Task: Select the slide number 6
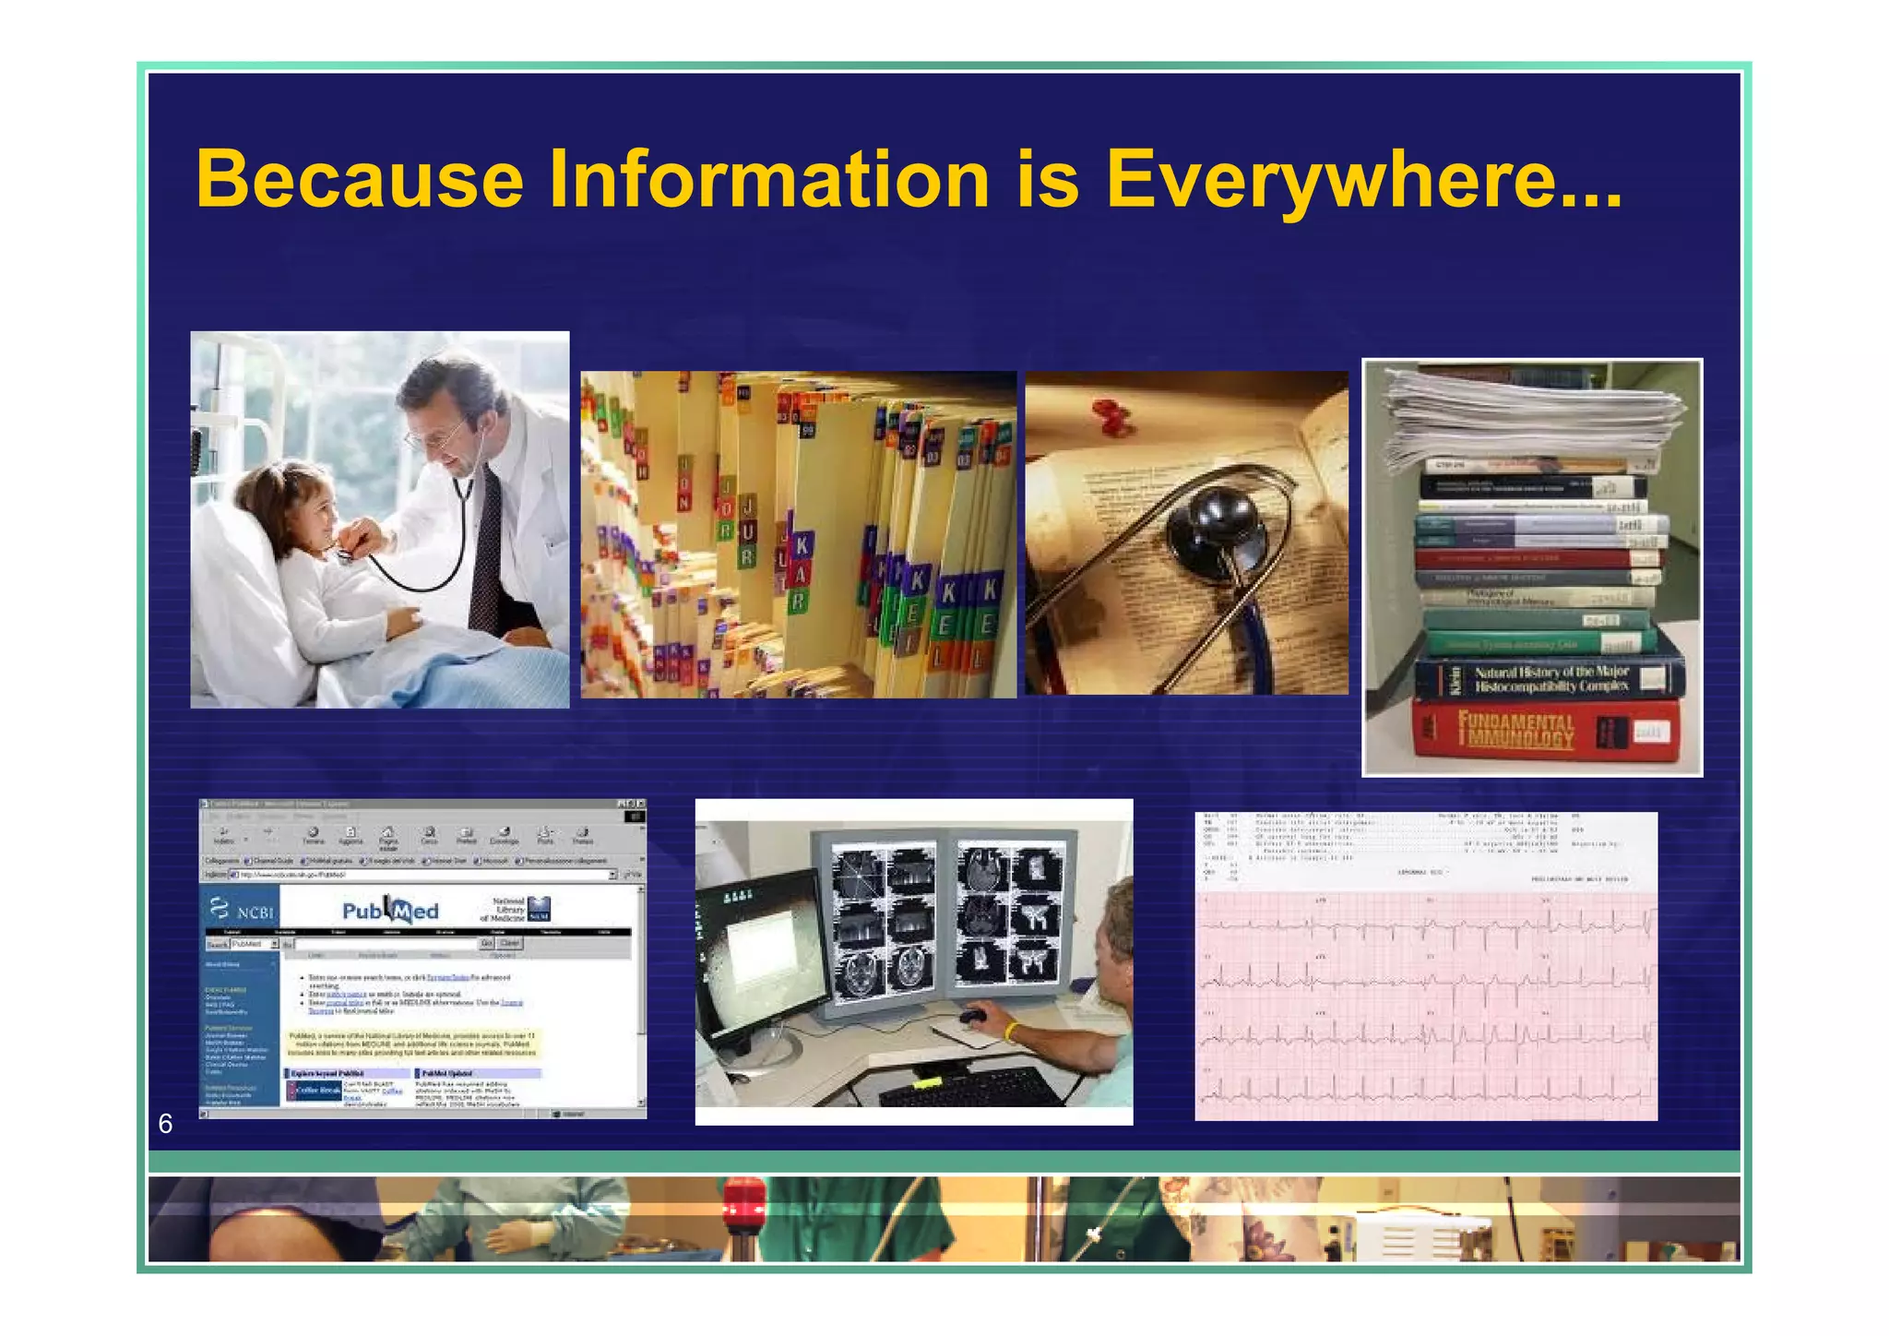point(166,1123)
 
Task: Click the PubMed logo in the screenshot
point(391,911)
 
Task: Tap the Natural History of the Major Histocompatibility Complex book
point(1550,679)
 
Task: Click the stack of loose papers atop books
point(1531,413)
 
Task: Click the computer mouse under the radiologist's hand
point(971,1017)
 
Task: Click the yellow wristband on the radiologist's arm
point(1012,1032)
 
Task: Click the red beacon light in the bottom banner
point(743,1205)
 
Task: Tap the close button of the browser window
point(639,804)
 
